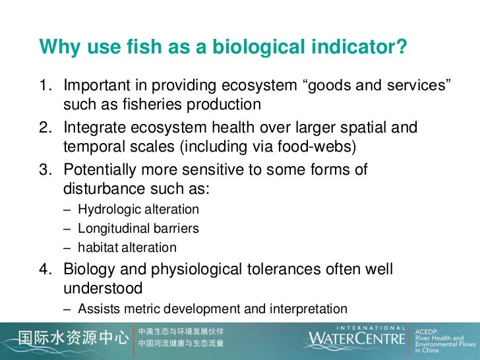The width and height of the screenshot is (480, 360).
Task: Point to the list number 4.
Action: tap(45, 269)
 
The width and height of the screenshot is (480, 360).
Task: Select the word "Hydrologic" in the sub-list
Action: tap(106, 210)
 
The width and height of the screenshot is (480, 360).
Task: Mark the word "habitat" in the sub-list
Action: tap(98, 248)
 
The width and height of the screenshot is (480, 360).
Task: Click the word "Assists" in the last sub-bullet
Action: tap(96, 308)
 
